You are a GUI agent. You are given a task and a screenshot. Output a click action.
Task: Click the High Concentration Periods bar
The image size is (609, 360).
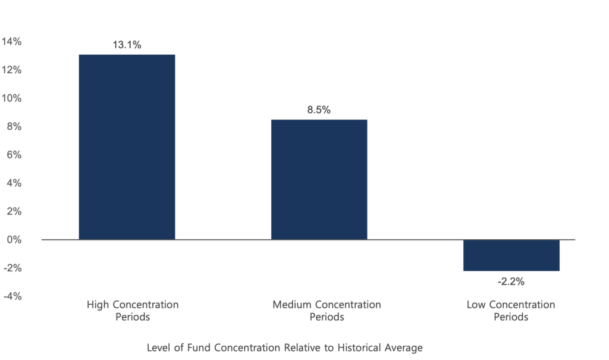click(x=127, y=147)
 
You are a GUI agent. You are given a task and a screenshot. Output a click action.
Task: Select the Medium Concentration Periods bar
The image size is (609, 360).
click(x=319, y=179)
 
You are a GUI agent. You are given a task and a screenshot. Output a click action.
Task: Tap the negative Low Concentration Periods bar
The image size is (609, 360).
click(x=511, y=256)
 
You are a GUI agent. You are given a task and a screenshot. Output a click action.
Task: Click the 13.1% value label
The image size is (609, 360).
click(x=127, y=44)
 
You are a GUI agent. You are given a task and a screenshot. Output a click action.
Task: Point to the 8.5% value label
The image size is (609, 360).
click(x=319, y=109)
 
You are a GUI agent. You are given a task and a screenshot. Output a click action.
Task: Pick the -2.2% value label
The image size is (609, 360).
click(x=511, y=281)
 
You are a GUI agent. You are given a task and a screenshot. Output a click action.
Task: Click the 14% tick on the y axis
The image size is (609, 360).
click(x=12, y=42)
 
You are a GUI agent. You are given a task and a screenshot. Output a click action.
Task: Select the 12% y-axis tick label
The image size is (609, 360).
click(x=12, y=70)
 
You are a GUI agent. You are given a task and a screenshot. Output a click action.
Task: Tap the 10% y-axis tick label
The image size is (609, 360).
click(x=12, y=98)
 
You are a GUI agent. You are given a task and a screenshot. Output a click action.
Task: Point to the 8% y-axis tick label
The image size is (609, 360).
click(x=14, y=127)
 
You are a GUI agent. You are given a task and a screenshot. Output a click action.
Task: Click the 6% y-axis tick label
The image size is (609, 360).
click(x=14, y=155)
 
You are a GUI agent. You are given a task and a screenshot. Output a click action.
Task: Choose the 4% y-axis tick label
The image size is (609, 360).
click(x=14, y=183)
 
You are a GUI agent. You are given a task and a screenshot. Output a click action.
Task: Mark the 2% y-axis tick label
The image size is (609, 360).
click(x=14, y=211)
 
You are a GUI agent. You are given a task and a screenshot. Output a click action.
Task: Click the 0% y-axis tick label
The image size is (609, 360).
click(x=14, y=240)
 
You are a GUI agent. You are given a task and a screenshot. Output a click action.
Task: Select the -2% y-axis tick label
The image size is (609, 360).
click(x=13, y=268)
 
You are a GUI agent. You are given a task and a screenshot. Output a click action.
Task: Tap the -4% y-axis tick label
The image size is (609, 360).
click(x=13, y=296)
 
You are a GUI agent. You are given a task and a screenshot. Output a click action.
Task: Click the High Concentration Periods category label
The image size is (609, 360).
click(x=133, y=311)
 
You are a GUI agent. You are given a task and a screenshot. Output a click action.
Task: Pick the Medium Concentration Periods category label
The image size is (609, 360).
click(x=327, y=311)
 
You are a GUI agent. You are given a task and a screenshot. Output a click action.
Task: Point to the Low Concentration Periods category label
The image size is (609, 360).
click(x=511, y=311)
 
